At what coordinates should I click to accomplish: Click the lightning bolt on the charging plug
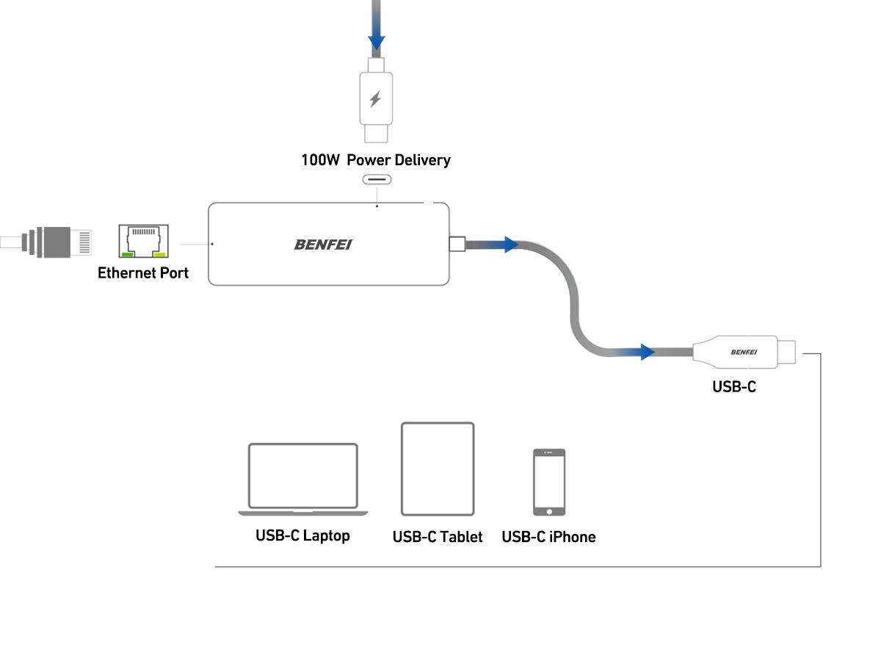click(375, 99)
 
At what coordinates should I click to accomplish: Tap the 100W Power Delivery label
click(375, 160)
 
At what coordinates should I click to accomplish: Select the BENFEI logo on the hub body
click(323, 245)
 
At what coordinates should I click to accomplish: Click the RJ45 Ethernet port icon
click(143, 242)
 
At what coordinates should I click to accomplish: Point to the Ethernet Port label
click(143, 273)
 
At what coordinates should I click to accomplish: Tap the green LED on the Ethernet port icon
click(128, 255)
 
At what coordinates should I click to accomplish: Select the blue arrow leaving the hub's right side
click(510, 245)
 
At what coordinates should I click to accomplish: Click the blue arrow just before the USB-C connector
click(645, 353)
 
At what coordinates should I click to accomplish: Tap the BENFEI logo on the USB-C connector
click(743, 353)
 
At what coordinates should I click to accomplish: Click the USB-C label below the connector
click(733, 386)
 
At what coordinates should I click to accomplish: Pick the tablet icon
click(438, 469)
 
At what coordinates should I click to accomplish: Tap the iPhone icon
click(549, 482)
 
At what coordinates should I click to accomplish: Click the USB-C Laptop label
click(302, 535)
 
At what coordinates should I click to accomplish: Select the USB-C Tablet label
click(438, 537)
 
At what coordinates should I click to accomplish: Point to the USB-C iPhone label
click(548, 537)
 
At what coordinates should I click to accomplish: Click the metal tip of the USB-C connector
click(786, 353)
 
